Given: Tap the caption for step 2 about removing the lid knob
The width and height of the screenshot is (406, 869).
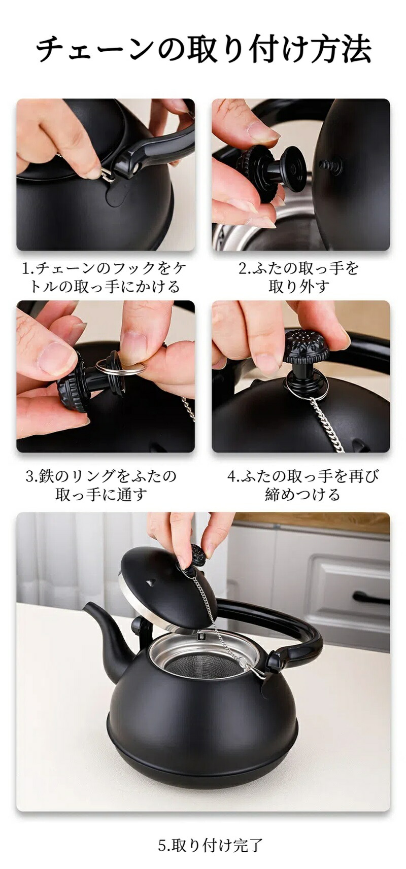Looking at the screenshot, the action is tap(299, 277).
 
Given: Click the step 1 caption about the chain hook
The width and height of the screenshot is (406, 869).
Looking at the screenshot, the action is tap(105, 277).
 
